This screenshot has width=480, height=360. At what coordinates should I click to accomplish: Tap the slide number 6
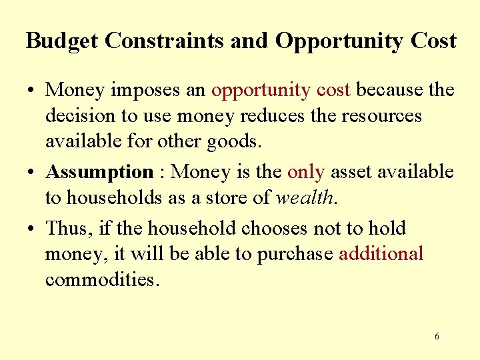[437, 337]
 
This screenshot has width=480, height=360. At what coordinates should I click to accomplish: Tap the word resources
[381, 116]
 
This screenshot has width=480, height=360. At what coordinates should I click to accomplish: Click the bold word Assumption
[99, 173]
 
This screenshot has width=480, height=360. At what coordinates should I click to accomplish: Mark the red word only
[305, 173]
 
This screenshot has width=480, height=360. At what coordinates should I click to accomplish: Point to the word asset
[351, 173]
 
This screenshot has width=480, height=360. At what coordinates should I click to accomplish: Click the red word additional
[381, 254]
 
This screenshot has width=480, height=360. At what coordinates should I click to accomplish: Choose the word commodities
[101, 279]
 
